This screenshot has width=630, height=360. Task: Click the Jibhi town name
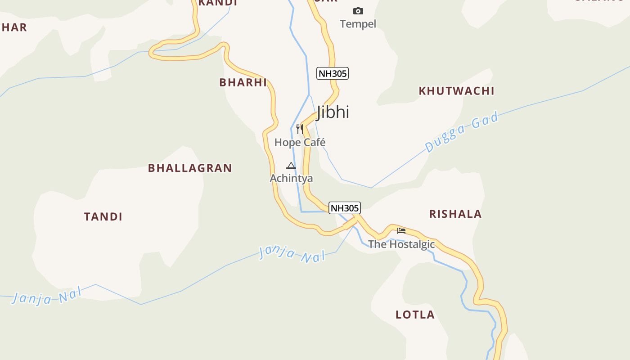333,112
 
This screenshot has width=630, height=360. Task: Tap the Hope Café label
300,142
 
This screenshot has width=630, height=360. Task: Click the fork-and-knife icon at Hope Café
300,129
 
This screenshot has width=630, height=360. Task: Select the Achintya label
291,178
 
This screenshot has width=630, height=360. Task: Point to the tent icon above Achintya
291,166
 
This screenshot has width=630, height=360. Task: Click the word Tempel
358,24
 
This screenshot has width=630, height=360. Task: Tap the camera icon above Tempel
358,11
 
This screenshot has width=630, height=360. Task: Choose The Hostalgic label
401,244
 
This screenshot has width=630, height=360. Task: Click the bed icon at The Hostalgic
401,231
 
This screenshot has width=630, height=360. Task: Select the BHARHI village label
243,82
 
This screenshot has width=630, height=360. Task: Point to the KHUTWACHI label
456,91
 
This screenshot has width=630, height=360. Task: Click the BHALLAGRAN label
190,168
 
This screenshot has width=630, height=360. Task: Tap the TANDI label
103,216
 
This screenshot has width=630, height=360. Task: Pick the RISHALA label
455,214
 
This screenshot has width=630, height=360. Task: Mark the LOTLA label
415,315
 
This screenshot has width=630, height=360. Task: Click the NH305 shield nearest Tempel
333,73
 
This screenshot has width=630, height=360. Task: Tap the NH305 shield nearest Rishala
345,208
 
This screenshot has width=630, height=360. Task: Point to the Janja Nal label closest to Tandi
47,297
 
